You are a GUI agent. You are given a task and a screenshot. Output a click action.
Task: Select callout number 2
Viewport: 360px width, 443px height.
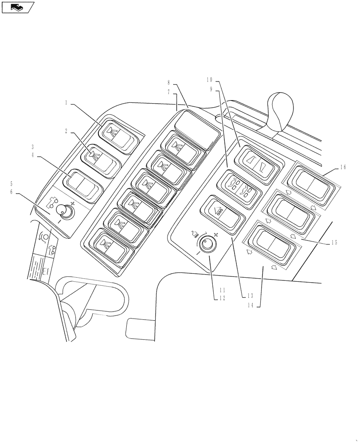click(66, 132)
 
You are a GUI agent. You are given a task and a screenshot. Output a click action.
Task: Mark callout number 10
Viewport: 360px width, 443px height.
click(209, 79)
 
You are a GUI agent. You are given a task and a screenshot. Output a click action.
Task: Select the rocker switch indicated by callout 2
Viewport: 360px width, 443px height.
click(101, 157)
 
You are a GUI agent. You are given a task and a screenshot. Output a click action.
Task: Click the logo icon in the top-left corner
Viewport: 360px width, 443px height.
click(17, 7)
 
